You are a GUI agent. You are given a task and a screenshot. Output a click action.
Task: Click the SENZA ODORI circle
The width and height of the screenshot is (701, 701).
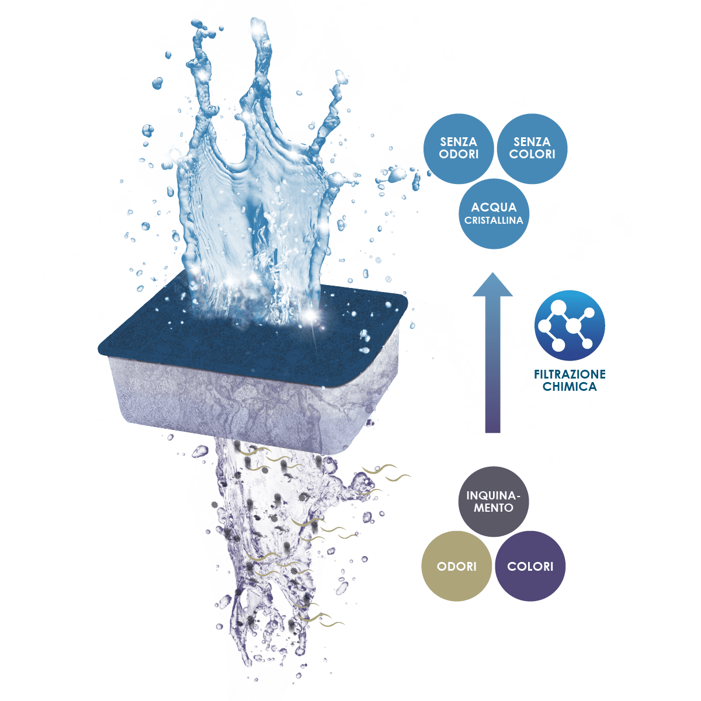(459, 149)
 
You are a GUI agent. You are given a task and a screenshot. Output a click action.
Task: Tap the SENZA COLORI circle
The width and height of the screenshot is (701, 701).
(532, 149)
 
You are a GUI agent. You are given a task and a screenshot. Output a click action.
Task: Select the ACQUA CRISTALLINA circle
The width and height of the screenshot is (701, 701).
(494, 214)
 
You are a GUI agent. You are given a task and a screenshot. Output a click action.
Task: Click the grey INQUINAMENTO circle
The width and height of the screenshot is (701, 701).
(494, 502)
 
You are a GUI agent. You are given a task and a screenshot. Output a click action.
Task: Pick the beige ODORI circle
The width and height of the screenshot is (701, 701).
(457, 566)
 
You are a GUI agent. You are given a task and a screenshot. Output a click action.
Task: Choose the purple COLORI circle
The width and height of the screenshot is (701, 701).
(530, 566)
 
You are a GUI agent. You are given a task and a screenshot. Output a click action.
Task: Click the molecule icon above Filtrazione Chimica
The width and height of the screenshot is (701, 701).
(570, 325)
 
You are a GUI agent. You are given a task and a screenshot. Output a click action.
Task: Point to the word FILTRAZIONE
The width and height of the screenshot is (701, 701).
(570, 374)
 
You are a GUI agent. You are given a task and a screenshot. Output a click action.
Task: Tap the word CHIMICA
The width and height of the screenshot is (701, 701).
(570, 386)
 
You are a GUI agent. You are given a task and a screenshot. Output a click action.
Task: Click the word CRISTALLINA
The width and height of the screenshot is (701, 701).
(494, 220)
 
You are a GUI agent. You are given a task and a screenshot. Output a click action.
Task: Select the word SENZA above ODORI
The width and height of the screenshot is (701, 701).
(459, 142)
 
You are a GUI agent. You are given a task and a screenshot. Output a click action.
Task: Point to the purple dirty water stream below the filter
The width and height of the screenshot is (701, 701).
(269, 526)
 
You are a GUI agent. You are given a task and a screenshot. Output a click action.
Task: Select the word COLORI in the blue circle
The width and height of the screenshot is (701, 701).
(532, 154)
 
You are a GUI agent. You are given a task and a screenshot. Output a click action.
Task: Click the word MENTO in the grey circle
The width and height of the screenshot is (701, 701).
(494, 508)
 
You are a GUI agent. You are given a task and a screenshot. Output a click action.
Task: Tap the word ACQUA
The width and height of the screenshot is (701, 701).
(494, 207)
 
